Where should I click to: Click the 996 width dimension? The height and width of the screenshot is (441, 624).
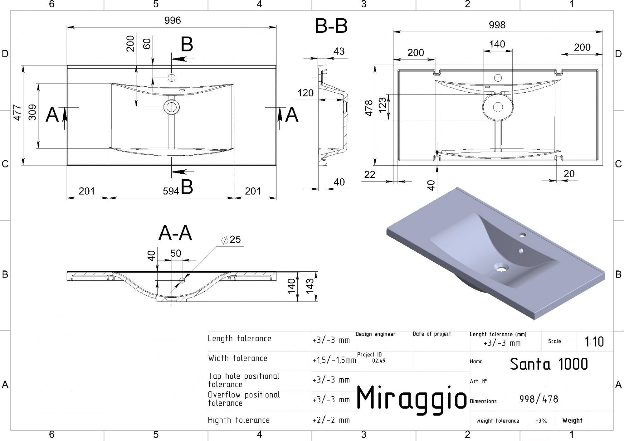pos(173,20)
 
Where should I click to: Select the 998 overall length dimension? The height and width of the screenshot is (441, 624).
pos(497,25)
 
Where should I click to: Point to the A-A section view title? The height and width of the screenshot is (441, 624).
pos(175,233)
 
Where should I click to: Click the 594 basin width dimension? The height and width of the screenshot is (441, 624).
pos(171,191)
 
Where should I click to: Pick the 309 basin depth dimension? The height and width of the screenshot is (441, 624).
pos(32,112)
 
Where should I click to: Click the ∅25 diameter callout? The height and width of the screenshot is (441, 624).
pos(231,240)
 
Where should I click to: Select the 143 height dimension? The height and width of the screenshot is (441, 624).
pos(310,286)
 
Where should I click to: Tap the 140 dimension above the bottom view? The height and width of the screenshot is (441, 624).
pos(497,44)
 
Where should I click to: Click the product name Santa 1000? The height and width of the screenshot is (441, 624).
pos(549,364)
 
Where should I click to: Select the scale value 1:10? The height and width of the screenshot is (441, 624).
pos(594,342)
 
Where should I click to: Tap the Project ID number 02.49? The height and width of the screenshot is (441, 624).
pos(379,361)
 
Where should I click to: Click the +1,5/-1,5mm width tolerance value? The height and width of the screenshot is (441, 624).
pos(334,360)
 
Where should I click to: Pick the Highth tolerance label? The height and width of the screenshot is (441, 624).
pos(239,420)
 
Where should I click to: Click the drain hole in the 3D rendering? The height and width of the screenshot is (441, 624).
pos(501,268)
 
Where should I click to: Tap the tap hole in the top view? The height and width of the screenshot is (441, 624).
pos(171,78)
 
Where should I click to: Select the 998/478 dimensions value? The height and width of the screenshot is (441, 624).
pos(539,399)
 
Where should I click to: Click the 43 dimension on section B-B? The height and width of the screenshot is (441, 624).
pos(339,51)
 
